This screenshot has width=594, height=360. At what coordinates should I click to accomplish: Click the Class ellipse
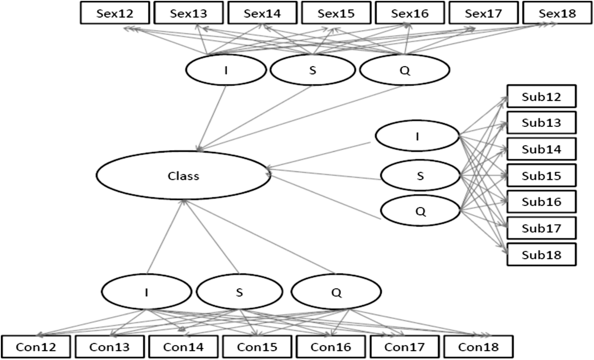pos(183,175)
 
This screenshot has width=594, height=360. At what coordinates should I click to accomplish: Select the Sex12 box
pos(115,13)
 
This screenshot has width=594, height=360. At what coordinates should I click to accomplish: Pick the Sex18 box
pos(558,13)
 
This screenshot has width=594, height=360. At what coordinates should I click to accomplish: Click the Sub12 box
pos(541,97)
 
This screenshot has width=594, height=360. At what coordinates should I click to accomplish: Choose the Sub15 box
pos(541,175)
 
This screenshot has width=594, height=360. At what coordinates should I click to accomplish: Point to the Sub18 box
pos(541,255)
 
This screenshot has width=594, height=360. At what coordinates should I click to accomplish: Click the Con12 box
pos(36,347)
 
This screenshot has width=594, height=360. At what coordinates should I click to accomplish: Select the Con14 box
pos(183,347)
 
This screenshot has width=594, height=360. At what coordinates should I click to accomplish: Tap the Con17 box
pos(404,347)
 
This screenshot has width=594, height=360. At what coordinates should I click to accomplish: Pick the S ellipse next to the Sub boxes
pos(420,175)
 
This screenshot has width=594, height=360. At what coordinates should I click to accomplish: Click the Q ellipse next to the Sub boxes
pos(420,211)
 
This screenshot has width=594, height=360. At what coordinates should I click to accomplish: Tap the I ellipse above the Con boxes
pos(146,292)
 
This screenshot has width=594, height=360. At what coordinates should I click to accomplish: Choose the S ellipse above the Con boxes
pos(240,292)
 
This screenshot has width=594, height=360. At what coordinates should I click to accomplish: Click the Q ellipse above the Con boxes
pos(336,292)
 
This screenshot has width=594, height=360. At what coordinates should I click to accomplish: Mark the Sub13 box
pos(541,123)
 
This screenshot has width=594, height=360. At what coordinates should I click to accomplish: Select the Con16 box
pos(331,347)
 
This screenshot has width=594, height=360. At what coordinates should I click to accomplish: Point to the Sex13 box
pos(189,13)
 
